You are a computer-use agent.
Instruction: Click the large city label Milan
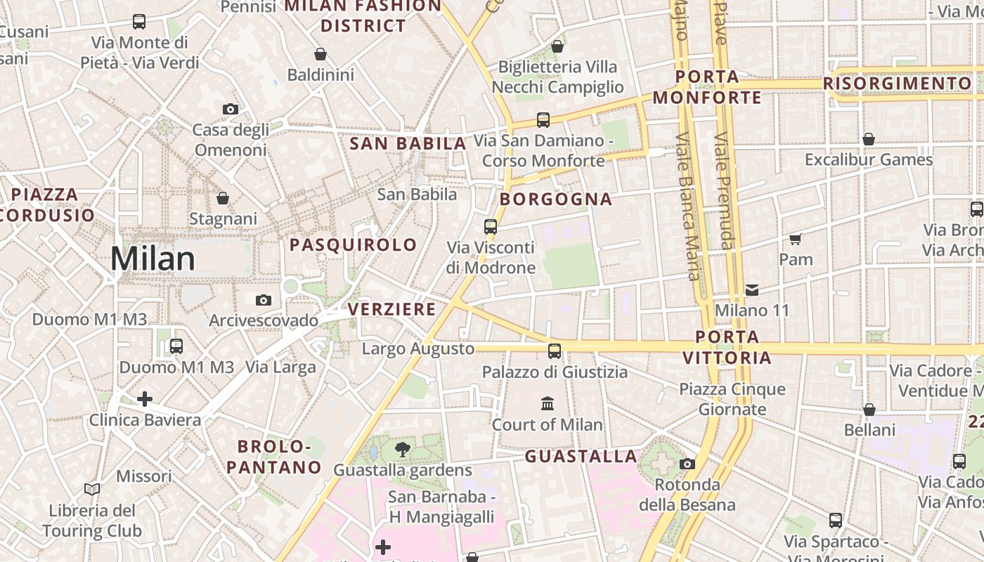point(153,259)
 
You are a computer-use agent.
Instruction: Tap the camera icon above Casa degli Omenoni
point(230,109)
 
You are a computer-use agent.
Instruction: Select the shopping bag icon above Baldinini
point(321,54)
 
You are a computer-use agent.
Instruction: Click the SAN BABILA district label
point(408,144)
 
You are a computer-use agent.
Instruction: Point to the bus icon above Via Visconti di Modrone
point(491,227)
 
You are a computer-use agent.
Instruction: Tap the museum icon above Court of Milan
point(548,403)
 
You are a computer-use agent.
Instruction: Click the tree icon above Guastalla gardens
point(403,449)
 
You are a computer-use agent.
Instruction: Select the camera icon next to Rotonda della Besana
point(687,464)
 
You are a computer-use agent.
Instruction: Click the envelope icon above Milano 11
point(752,289)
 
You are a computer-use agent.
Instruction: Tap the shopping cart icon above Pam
point(796,239)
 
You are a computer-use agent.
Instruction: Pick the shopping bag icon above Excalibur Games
point(869,139)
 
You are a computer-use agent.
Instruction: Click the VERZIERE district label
point(391,310)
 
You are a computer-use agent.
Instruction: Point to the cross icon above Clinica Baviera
point(145,399)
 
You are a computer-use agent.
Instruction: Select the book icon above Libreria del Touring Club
point(92,489)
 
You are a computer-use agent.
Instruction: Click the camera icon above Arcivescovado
point(264,300)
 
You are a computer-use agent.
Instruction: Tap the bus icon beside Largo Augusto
point(555,351)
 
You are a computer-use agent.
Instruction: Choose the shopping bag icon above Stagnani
point(223,198)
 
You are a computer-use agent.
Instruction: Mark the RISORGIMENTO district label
point(897,84)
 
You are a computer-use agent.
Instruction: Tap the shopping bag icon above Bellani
point(869,410)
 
